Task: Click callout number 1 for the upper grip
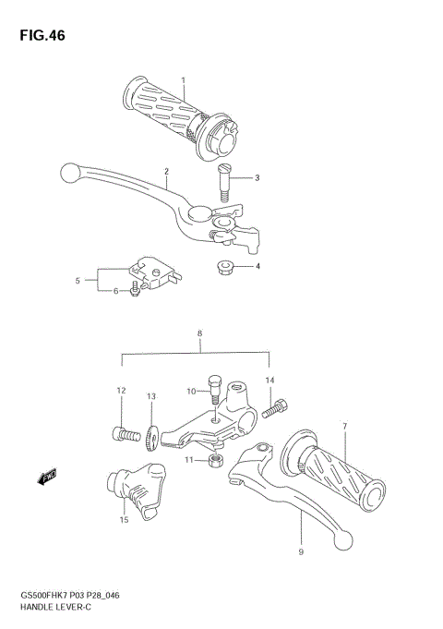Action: [x=183, y=80]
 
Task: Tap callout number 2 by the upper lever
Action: [x=167, y=171]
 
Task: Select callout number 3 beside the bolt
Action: [x=257, y=178]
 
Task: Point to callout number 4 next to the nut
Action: [x=257, y=267]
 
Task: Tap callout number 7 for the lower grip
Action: [x=344, y=426]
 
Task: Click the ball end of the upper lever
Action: [x=66, y=171]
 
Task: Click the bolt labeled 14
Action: [x=278, y=405]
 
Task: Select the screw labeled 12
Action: [x=126, y=430]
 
